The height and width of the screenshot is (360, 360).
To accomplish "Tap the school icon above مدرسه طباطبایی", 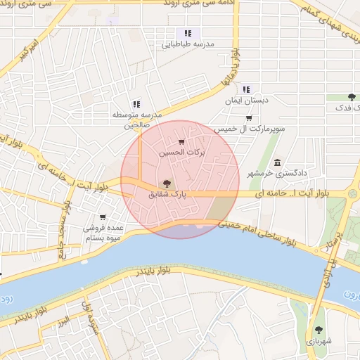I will (x=188, y=33).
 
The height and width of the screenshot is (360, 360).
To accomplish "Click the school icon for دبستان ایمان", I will (x=245, y=89).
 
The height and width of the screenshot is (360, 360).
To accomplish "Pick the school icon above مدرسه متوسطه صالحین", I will (x=136, y=104).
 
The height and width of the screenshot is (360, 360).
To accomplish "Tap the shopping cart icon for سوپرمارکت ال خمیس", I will (x=249, y=117).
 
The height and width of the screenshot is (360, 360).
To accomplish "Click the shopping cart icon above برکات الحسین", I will (x=182, y=142).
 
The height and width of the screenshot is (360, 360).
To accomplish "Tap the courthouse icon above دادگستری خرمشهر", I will (x=278, y=162).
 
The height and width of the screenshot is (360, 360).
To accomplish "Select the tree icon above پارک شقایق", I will (x=167, y=183).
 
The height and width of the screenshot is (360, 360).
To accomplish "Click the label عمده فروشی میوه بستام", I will (x=103, y=233).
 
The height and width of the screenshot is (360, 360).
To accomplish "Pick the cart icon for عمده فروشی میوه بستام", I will (x=103, y=217).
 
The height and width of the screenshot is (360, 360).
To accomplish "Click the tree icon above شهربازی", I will (x=319, y=329).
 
